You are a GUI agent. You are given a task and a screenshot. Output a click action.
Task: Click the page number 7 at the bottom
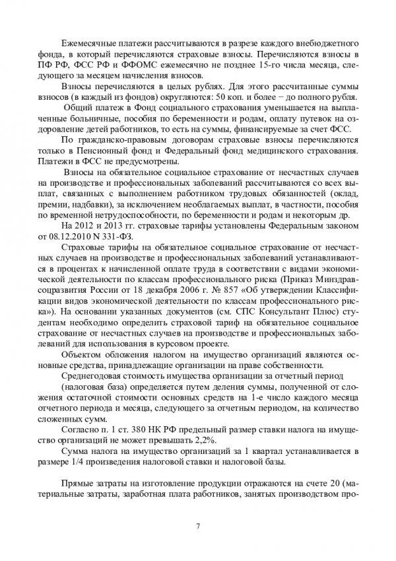(198, 527)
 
